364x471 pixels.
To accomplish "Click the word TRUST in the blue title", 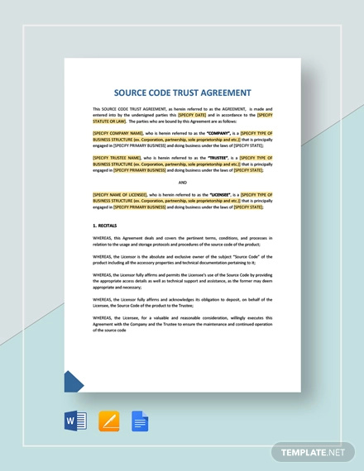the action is coord(190,93).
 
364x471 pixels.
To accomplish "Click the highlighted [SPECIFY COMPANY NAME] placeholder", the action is coord(118,132).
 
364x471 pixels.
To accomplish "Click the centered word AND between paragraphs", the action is coord(182,182).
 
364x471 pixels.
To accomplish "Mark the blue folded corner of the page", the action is coord(73,381).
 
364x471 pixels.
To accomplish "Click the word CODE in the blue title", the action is coord(164,93).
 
